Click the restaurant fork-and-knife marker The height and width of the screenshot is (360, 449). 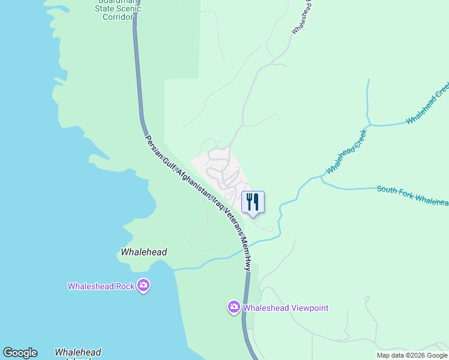pyautogui.click(x=253, y=202)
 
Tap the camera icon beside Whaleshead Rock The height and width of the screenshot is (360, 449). pyautogui.click(x=143, y=286)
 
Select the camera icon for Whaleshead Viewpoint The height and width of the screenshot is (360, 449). pyautogui.click(x=234, y=308)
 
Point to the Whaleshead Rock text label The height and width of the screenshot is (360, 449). pyautogui.click(x=101, y=286)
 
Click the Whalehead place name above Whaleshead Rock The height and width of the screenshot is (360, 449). pyautogui.click(x=143, y=253)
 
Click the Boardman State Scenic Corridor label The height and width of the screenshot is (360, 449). pyautogui.click(x=119, y=9)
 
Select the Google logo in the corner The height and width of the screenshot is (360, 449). pyautogui.click(x=20, y=353)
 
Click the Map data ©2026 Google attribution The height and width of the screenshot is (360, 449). pyautogui.click(x=412, y=355)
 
